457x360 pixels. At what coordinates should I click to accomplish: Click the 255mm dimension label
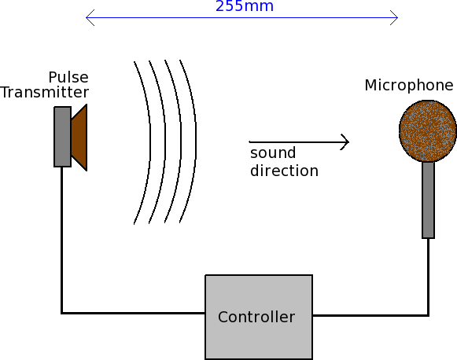click(x=245, y=6)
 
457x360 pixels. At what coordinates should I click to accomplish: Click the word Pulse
click(x=68, y=78)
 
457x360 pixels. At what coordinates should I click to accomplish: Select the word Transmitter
click(x=44, y=92)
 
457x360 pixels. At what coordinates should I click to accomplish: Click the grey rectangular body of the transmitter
click(x=62, y=137)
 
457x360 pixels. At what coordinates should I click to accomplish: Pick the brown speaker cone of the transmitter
click(x=79, y=138)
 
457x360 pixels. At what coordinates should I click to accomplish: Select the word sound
click(x=273, y=153)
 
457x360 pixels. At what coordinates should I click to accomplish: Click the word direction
click(x=284, y=171)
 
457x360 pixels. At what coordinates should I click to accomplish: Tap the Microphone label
click(x=409, y=86)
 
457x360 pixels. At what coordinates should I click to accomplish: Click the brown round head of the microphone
click(x=428, y=130)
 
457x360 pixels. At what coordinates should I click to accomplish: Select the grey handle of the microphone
click(x=428, y=200)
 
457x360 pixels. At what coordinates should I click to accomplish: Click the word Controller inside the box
click(x=256, y=317)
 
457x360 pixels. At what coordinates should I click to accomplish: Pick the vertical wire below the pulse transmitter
click(x=62, y=240)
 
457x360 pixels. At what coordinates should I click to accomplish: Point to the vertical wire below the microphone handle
click(x=428, y=277)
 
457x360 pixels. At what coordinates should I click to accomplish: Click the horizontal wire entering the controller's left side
click(x=133, y=313)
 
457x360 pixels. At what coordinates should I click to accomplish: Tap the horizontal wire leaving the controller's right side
click(x=370, y=315)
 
